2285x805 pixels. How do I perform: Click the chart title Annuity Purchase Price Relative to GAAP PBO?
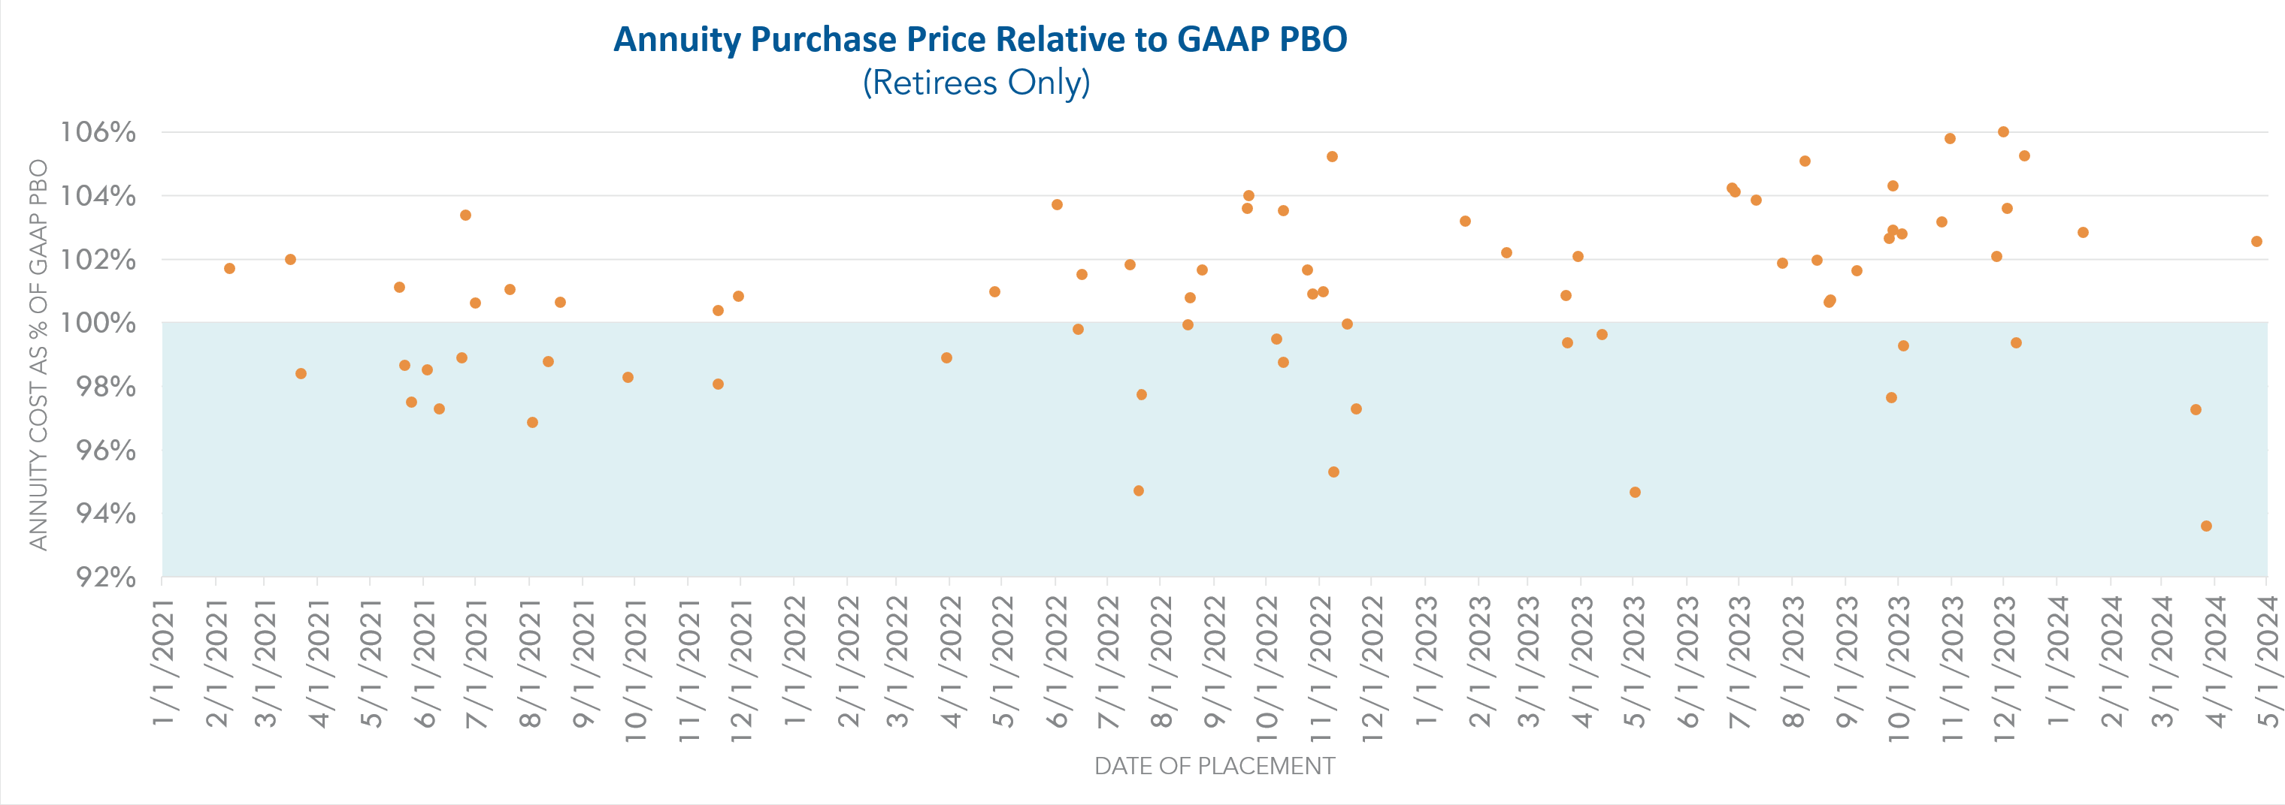980,40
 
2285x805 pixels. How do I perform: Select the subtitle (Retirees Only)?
976,83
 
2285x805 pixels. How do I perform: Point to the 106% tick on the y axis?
98,132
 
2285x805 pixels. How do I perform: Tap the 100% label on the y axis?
98,323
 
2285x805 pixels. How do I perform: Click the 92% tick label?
105,577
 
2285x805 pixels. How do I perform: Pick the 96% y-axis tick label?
105,451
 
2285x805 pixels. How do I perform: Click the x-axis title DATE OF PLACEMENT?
1215,766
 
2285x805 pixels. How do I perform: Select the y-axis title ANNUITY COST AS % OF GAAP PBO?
38,354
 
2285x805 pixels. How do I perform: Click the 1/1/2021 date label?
162,663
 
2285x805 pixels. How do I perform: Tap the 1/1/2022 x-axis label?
794,663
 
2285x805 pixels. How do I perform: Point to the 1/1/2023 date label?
1425,663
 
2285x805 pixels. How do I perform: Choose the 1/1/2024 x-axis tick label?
2057,663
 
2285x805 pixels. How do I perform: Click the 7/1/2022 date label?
1108,663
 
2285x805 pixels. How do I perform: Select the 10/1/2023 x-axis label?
1898,663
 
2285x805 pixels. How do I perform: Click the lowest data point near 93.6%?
2206,526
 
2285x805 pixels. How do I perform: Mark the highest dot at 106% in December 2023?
2003,132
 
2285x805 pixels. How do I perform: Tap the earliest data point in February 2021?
230,269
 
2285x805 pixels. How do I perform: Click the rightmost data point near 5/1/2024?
2256,241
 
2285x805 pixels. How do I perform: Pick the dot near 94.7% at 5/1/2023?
1635,492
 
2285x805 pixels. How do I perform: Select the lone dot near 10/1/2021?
628,378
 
